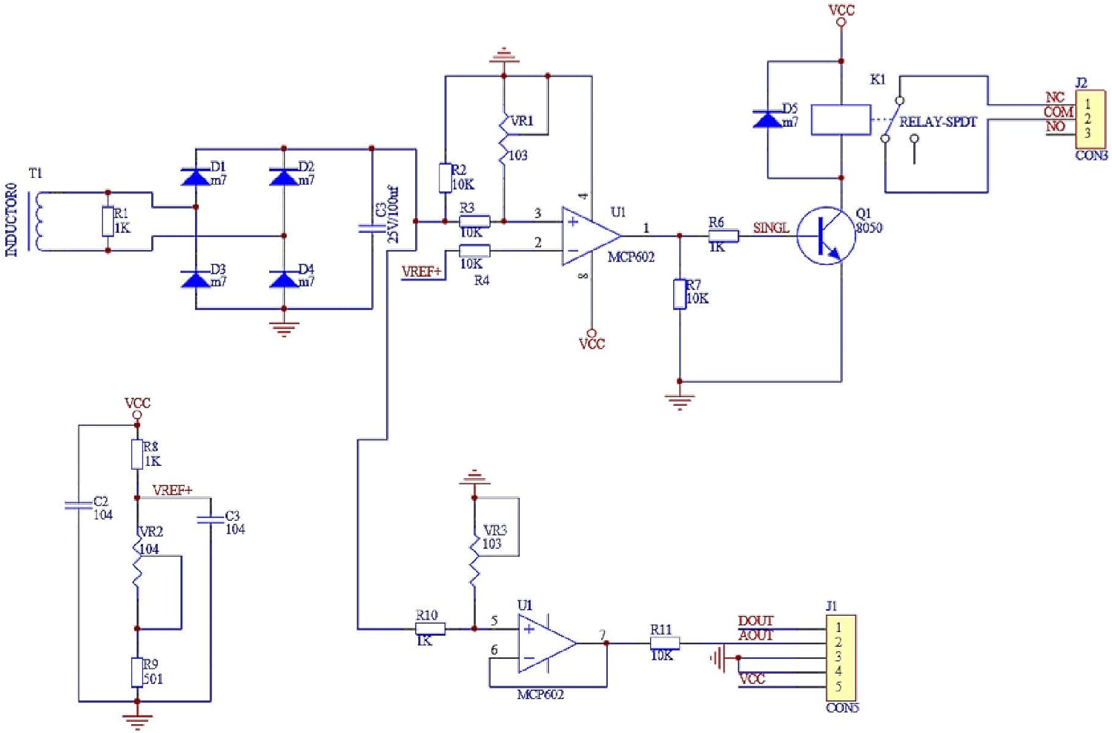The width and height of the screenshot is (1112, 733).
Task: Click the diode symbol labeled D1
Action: [196, 177]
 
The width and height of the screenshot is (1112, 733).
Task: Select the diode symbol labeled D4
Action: [284, 280]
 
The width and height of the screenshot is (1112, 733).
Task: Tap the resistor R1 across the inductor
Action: [108, 222]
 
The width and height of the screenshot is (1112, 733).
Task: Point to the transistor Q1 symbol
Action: [825, 236]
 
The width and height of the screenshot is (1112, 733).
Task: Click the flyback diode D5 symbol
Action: [767, 119]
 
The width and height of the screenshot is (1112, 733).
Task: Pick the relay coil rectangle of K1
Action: [841, 119]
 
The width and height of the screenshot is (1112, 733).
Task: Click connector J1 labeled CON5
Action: [841, 657]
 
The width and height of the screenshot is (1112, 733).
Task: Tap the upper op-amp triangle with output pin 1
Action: [590, 236]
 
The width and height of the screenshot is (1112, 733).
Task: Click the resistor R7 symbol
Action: [679, 294]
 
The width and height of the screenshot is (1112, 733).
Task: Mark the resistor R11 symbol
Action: [664, 643]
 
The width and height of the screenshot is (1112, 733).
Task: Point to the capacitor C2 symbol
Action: [78, 505]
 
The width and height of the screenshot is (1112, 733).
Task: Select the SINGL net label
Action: [771, 228]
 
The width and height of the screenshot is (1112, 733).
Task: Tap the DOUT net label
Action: [755, 620]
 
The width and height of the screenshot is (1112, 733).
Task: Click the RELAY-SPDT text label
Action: [938, 122]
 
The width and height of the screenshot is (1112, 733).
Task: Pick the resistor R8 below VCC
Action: [137, 454]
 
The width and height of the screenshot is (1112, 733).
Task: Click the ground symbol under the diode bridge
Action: [284, 329]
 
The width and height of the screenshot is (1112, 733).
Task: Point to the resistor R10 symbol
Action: [430, 628]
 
